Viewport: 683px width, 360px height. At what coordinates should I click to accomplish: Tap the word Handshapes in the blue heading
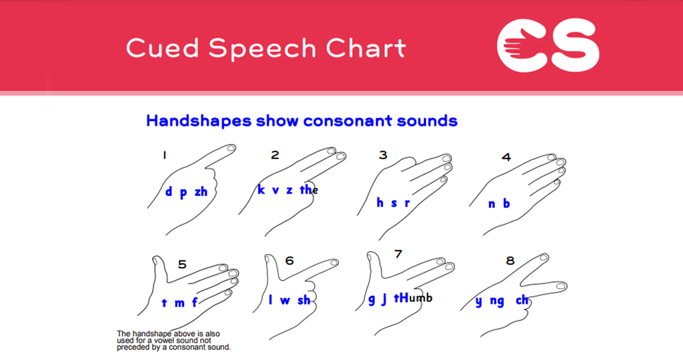(198, 121)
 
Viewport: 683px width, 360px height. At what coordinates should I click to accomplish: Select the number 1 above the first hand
(165, 156)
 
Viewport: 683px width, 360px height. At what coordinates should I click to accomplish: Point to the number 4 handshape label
(506, 157)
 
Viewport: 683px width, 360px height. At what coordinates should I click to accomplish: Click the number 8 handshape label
(510, 261)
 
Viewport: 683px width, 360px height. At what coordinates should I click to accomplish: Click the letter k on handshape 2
(261, 190)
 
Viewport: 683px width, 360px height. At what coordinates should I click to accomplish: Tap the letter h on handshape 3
(380, 203)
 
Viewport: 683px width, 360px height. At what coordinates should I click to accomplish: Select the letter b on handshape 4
(506, 203)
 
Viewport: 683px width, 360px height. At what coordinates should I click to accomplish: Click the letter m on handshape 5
(179, 303)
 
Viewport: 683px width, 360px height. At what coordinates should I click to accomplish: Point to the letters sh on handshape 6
(304, 301)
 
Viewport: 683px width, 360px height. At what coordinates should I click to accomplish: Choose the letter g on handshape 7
(372, 300)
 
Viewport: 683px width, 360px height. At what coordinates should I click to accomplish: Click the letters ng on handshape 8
(497, 302)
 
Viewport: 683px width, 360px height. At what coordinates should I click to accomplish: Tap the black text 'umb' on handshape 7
(420, 298)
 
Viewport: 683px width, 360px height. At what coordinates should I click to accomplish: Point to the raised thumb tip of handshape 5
(157, 261)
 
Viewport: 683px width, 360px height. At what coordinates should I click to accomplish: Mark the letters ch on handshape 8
(521, 300)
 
